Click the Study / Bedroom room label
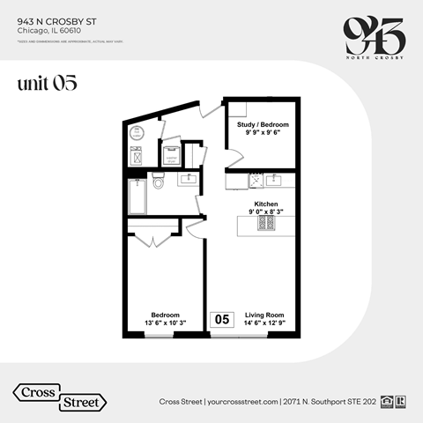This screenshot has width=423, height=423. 263,124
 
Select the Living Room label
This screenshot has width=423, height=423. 264,315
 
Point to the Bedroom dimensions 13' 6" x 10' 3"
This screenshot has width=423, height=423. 165,323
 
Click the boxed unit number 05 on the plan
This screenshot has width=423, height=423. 222,319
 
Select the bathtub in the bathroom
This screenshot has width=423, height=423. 137,197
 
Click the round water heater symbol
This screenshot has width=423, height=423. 137,134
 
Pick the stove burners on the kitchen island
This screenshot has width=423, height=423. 267,224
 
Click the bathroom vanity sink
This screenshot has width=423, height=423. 188,180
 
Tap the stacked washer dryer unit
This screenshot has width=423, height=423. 171,154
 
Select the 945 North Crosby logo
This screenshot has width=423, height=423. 373,35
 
